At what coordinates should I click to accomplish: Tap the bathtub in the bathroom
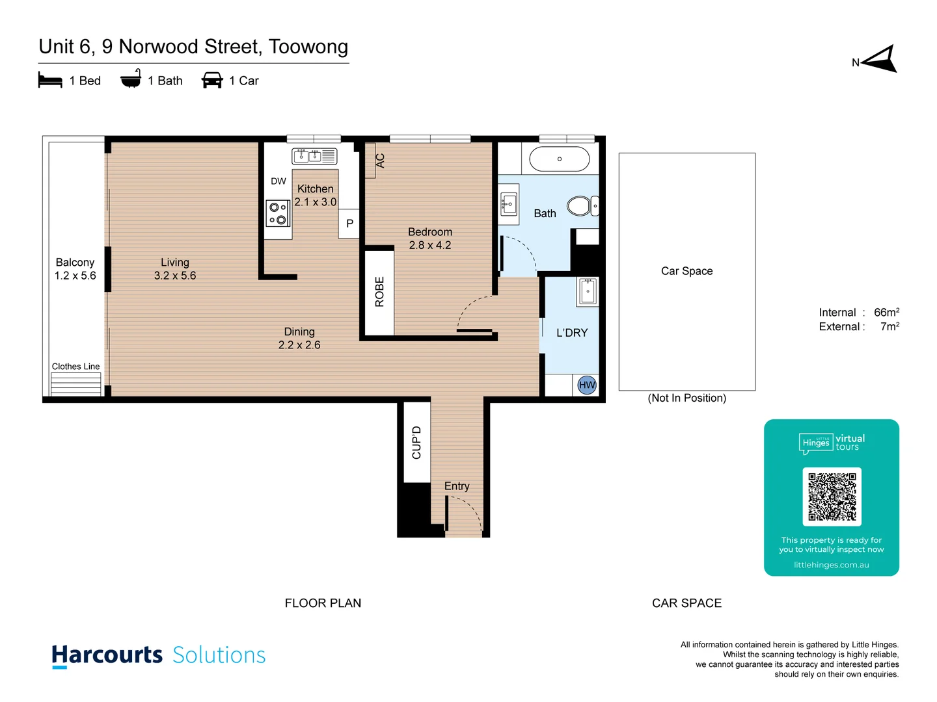pos(560,159)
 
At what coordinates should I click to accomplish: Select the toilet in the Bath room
pos(580,206)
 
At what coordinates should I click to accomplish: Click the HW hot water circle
pos(587,385)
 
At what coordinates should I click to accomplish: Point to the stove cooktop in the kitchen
pos(278,214)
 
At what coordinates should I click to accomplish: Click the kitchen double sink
pos(314,156)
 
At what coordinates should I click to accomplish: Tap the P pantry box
pos(349,224)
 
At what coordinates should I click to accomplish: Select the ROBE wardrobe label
pos(379,292)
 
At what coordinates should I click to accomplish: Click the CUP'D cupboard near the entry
pos(416,443)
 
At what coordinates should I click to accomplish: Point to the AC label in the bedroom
pos(380,161)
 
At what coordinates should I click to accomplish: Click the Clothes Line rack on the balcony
pos(76,383)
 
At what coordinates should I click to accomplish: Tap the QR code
pos(832,497)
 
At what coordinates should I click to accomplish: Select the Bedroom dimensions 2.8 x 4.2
pos(429,245)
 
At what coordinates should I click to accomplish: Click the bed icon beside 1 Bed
pos(50,81)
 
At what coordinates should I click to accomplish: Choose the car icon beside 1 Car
pos(212,81)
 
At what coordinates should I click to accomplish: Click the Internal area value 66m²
pos(886,313)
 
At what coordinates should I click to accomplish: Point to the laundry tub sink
pos(588,292)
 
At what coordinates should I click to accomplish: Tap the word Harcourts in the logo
pos(107,655)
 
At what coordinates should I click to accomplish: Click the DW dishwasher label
pos(278,181)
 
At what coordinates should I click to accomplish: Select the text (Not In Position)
pos(686,398)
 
